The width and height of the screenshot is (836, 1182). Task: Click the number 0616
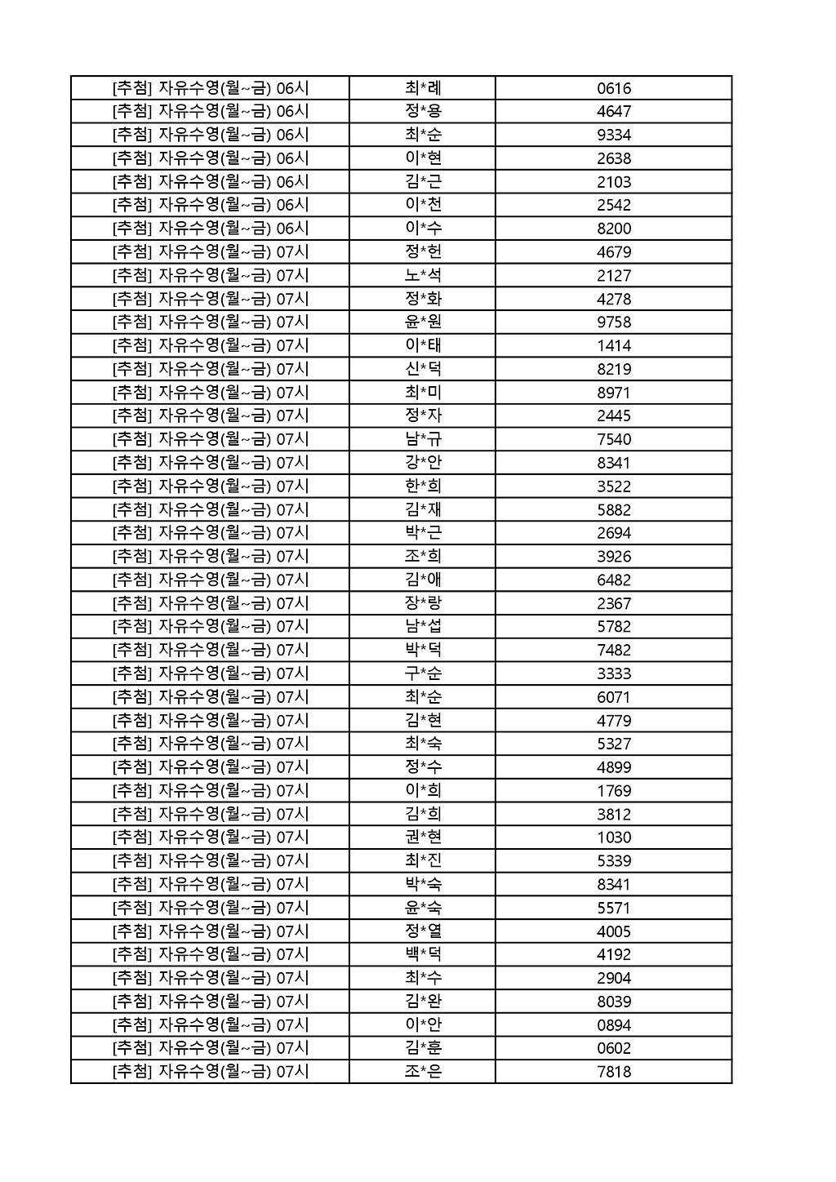click(x=614, y=88)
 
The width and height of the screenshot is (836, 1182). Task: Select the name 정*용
click(x=423, y=112)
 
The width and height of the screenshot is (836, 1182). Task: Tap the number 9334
click(x=614, y=135)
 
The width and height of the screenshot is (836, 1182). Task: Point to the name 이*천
click(x=423, y=205)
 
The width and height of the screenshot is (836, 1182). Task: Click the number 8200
click(x=614, y=229)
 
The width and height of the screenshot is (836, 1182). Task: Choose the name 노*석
click(x=423, y=275)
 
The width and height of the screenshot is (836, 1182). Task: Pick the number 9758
click(x=614, y=322)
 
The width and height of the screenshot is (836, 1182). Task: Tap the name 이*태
click(x=423, y=345)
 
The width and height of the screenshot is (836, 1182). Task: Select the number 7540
click(x=614, y=439)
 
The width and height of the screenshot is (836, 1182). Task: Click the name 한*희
click(x=423, y=487)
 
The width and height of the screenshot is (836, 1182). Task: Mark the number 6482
click(x=614, y=580)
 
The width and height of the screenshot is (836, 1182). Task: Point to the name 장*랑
click(x=423, y=603)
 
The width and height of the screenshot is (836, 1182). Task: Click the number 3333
click(x=614, y=673)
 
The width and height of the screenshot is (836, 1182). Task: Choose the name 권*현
click(x=423, y=838)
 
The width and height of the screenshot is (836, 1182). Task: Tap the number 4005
click(x=614, y=931)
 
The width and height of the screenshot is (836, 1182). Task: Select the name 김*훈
click(x=423, y=1048)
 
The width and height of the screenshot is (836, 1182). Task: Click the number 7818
click(x=614, y=1072)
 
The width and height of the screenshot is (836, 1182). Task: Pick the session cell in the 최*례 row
click(x=211, y=88)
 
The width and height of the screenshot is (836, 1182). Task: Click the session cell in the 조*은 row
click(x=211, y=1072)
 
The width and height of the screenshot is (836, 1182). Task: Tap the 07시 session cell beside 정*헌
click(x=211, y=252)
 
